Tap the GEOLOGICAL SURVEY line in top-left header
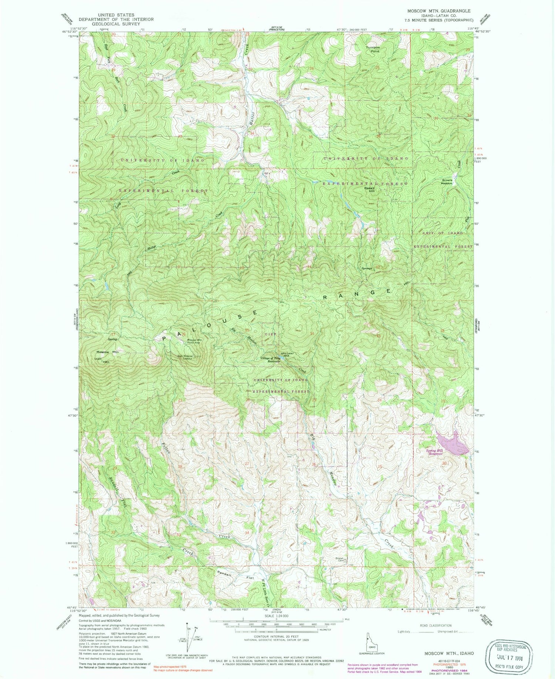[x=116, y=24]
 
